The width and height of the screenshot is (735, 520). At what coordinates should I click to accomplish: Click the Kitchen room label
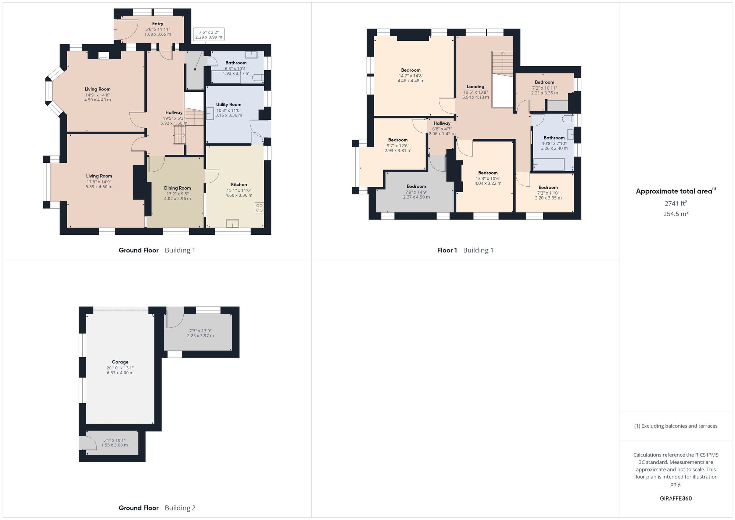click(239, 184)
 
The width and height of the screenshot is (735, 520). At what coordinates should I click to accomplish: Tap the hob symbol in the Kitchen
click(259, 208)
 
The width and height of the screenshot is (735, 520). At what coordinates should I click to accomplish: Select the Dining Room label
click(177, 188)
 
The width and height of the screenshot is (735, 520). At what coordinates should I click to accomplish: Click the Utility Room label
click(229, 105)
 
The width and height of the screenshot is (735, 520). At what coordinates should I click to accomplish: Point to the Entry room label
click(158, 24)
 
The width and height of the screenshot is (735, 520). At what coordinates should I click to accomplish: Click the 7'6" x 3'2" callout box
click(209, 35)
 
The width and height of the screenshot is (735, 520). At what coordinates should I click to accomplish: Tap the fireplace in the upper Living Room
click(104, 55)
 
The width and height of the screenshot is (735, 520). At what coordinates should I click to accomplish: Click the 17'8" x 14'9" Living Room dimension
click(99, 182)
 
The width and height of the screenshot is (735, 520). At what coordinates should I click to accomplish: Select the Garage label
click(120, 362)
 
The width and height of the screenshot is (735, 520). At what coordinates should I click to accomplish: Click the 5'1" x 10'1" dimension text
click(114, 440)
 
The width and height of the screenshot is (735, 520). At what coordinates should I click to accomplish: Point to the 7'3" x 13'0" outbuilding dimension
click(200, 331)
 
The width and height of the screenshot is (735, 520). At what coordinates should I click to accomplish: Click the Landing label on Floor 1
click(475, 87)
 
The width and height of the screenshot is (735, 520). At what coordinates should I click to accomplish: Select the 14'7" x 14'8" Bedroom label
click(410, 70)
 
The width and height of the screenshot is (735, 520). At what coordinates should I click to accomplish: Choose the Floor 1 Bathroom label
click(554, 138)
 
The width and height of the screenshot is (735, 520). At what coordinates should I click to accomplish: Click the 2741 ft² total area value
click(675, 203)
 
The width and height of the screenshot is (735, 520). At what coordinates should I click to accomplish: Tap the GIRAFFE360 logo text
click(675, 498)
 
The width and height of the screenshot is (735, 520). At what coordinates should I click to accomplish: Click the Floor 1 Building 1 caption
click(465, 250)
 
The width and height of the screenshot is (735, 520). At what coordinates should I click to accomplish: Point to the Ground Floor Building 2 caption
click(157, 508)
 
